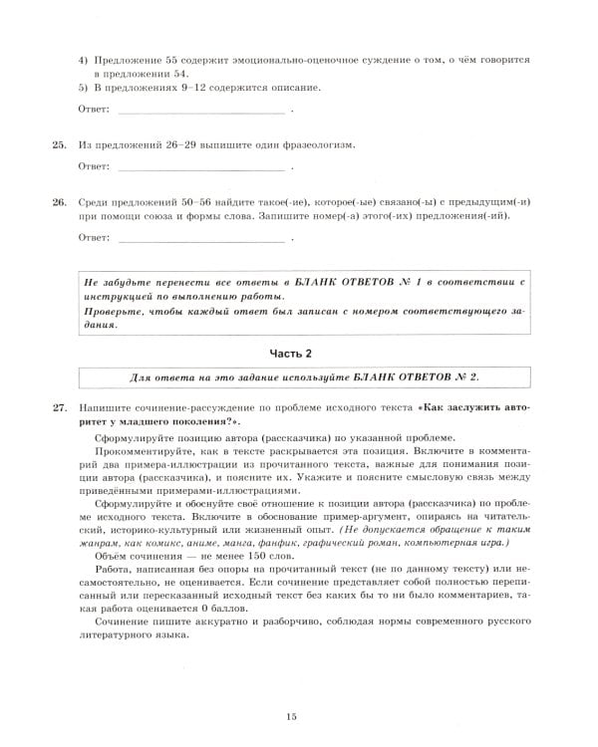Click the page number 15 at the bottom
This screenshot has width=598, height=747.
tap(292, 717)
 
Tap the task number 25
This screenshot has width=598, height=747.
tap(59, 145)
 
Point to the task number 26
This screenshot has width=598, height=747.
tap(59, 202)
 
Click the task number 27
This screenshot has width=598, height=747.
tap(59, 407)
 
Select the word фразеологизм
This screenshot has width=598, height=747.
tap(314, 145)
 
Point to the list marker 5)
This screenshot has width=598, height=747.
tap(84, 89)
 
